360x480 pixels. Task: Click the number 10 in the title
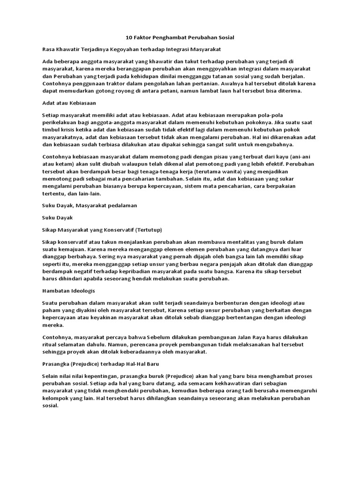pyautogui.click(x=129, y=37)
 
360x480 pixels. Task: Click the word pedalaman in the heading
pyautogui.click(x=118, y=205)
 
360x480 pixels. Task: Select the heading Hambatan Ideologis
pyautogui.click(x=68, y=291)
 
